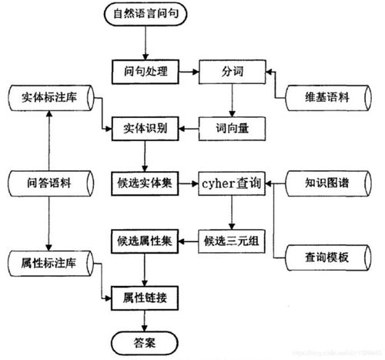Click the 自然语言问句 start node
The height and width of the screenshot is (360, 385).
(x=145, y=13)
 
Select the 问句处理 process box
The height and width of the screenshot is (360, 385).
(x=145, y=72)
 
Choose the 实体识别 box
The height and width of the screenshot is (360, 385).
(x=145, y=125)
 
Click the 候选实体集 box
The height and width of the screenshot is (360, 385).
(x=145, y=183)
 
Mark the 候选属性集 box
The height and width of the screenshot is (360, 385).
(x=145, y=240)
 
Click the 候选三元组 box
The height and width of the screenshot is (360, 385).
(x=232, y=240)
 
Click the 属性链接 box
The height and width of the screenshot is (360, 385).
(x=145, y=295)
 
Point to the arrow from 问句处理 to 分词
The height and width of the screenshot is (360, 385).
(x=189, y=72)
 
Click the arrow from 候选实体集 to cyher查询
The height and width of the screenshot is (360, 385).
(x=189, y=183)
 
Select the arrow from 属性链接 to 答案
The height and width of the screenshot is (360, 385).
(x=145, y=318)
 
